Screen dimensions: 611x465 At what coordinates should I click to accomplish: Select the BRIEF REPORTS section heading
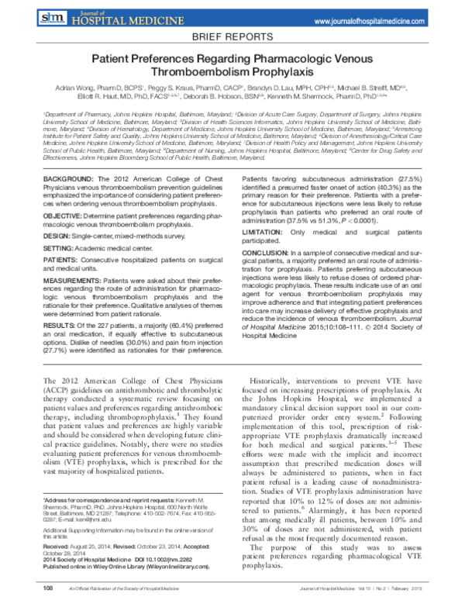[232, 36]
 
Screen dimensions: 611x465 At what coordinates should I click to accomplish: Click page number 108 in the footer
[50, 589]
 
